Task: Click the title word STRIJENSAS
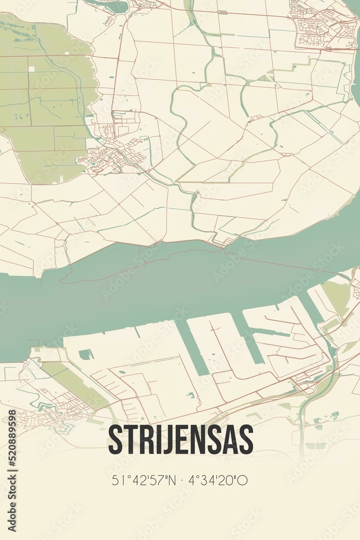point(180,440)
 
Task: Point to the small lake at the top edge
point(111,5)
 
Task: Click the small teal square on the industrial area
point(85,355)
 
